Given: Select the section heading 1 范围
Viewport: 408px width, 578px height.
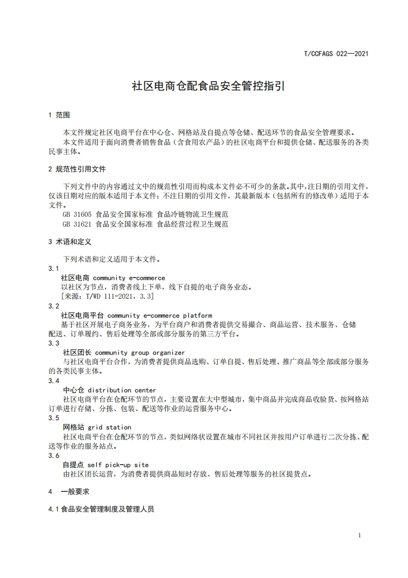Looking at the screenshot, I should click(x=59, y=115).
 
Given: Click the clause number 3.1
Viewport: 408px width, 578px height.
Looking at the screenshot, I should click(x=54, y=268).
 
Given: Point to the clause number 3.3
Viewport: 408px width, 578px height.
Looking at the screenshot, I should click(x=54, y=343).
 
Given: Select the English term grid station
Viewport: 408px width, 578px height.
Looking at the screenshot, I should click(x=109, y=427).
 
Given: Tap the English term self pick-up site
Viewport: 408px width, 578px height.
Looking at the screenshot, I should click(x=118, y=465).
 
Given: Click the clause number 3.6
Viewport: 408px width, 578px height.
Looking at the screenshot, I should click(x=54, y=455).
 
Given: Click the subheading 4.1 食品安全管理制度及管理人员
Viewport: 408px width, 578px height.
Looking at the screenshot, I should click(x=101, y=509).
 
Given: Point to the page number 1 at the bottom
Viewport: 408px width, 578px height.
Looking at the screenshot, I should click(x=359, y=535).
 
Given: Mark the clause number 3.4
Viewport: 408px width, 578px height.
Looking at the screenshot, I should click(x=54, y=381).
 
